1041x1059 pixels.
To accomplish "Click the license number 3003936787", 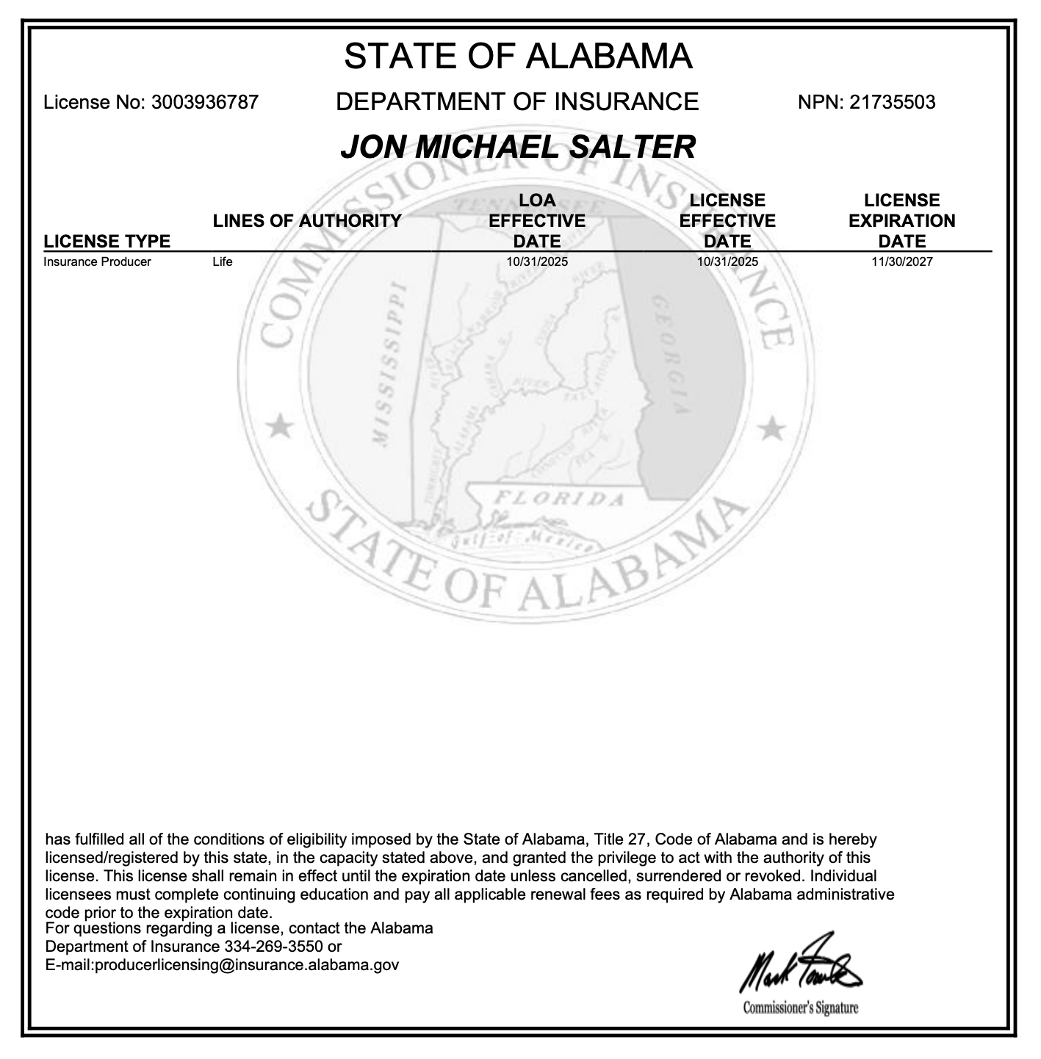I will point(205,102).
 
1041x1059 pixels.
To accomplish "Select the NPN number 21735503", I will point(892,102).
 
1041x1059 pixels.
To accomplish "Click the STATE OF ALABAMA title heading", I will point(518,57).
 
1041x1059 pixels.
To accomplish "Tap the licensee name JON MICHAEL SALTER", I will point(518,147).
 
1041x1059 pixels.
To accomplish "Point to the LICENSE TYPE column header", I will point(107,241).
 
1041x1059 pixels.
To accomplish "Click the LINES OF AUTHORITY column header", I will point(307,220).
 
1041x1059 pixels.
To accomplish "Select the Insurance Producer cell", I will point(97,261).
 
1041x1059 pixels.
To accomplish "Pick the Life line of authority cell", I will point(222,261).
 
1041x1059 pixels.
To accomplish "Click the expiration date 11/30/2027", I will point(902,261).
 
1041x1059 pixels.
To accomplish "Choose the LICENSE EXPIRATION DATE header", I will point(902,220).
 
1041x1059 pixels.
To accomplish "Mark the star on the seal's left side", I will point(278,426).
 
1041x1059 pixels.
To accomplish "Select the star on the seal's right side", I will point(771,427).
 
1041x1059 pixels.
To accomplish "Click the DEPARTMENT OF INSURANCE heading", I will point(517,101).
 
